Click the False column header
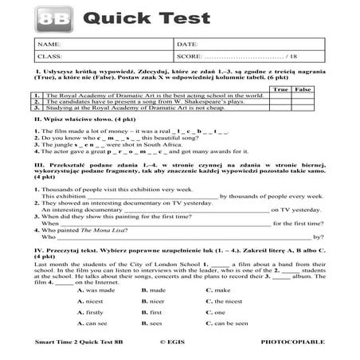tap(303, 89)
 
